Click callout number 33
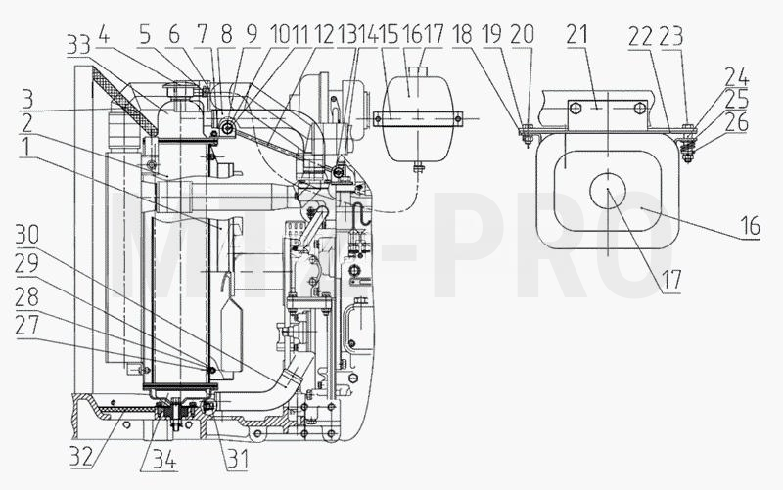pos(78,45)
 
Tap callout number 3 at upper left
pos(27,99)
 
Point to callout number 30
pos(27,234)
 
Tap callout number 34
pos(164,460)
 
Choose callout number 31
pos(237,459)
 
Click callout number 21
pos(577,35)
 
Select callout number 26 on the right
pos(737,122)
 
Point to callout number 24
pos(737,77)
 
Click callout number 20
pos(523,35)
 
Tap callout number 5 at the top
pos(144,35)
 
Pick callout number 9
pos(252,35)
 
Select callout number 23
pos(671,35)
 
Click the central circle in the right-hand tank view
pos(607,189)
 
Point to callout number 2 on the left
pos(27,123)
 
